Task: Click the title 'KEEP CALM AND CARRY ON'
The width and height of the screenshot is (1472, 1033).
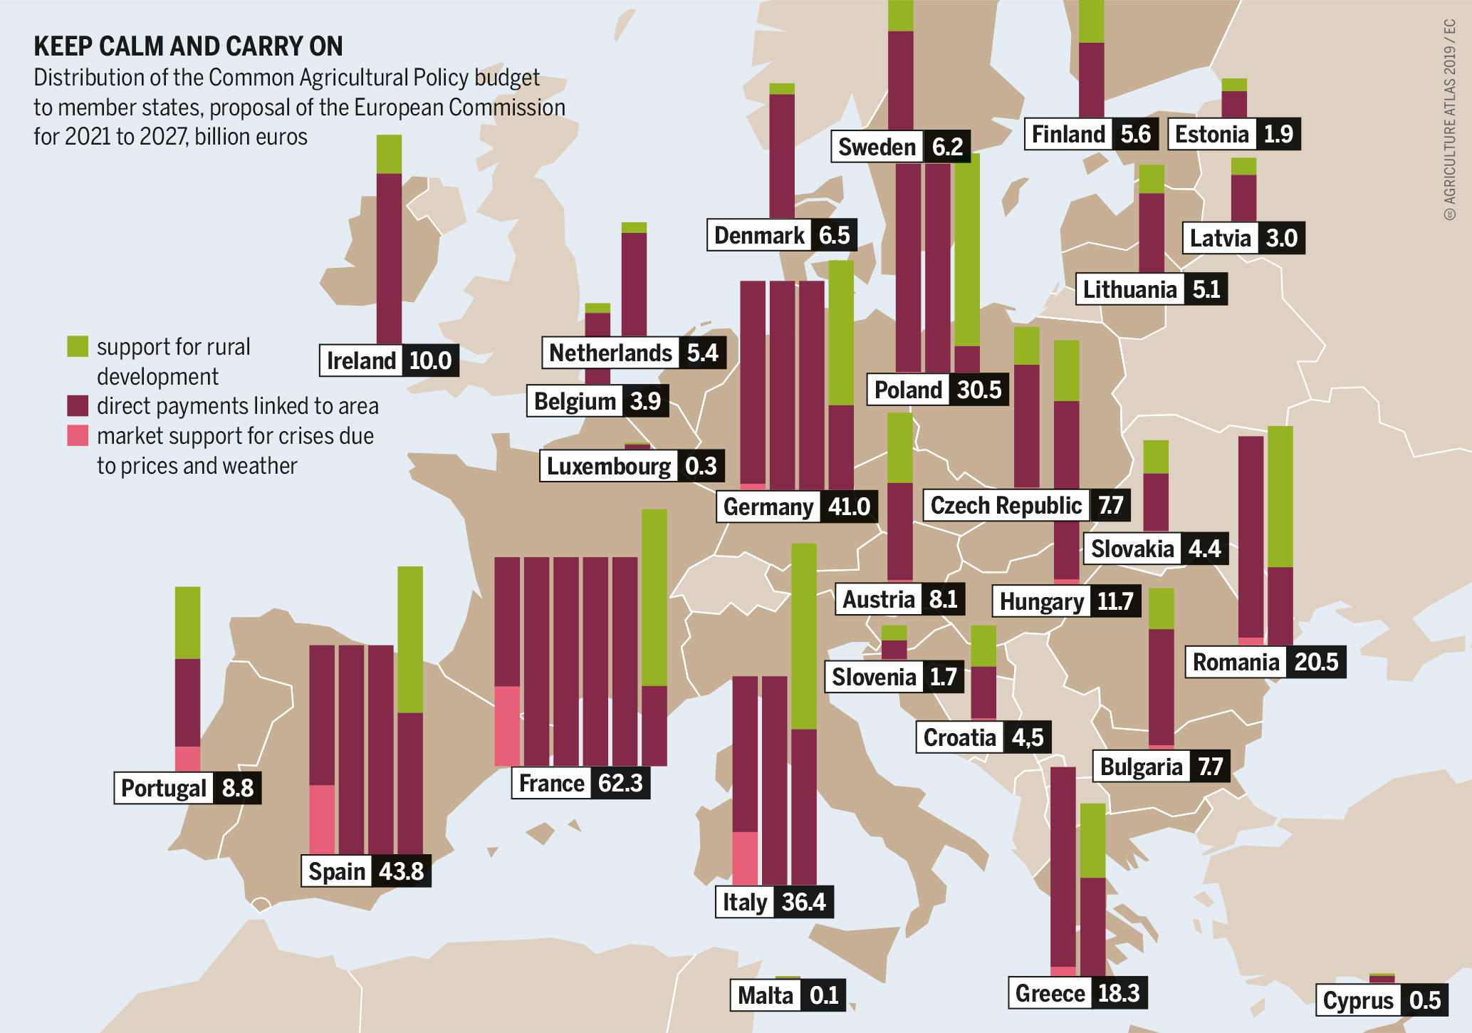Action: (188, 46)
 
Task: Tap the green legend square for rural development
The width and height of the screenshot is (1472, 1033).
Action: (78, 346)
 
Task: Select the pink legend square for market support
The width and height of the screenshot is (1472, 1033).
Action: (78, 435)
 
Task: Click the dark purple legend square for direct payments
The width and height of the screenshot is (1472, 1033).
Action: (78, 405)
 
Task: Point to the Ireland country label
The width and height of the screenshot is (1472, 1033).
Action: (361, 360)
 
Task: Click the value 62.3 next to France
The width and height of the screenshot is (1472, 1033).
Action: (620, 783)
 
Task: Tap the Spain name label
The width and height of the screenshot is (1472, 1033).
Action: (336, 871)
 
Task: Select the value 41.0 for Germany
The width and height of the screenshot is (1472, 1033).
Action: (848, 507)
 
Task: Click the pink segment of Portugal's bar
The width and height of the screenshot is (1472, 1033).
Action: (187, 758)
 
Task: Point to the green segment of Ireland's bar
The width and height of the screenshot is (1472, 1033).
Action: (389, 154)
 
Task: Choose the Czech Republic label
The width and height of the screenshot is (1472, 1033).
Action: (1006, 505)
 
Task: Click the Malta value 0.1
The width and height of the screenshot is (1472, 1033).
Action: (824, 995)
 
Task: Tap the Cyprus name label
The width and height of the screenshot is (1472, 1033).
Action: (1357, 1000)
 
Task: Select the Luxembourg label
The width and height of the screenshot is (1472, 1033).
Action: (608, 466)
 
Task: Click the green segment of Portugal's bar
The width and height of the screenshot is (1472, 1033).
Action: (187, 622)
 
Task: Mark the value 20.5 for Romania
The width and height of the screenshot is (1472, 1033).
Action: (1315, 662)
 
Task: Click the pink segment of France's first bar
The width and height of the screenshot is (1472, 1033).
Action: (507, 725)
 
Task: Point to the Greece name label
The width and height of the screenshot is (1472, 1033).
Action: (1050, 993)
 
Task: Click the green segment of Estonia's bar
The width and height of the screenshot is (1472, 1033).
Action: (1234, 85)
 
